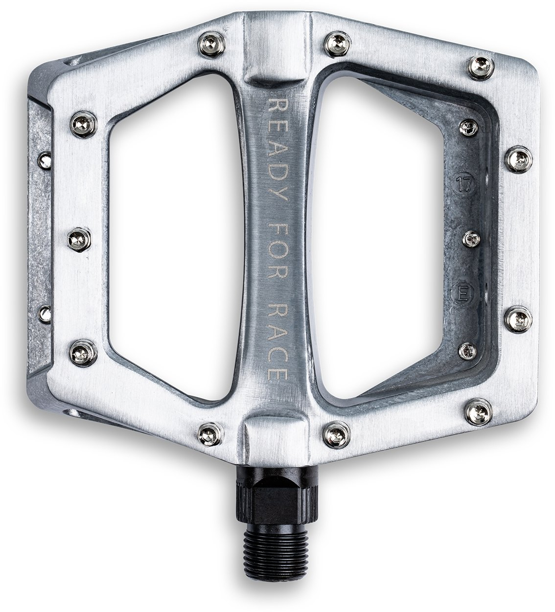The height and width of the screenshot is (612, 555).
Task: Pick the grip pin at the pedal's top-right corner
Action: point(481,67)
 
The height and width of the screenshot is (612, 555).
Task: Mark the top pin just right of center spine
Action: point(338,44)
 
